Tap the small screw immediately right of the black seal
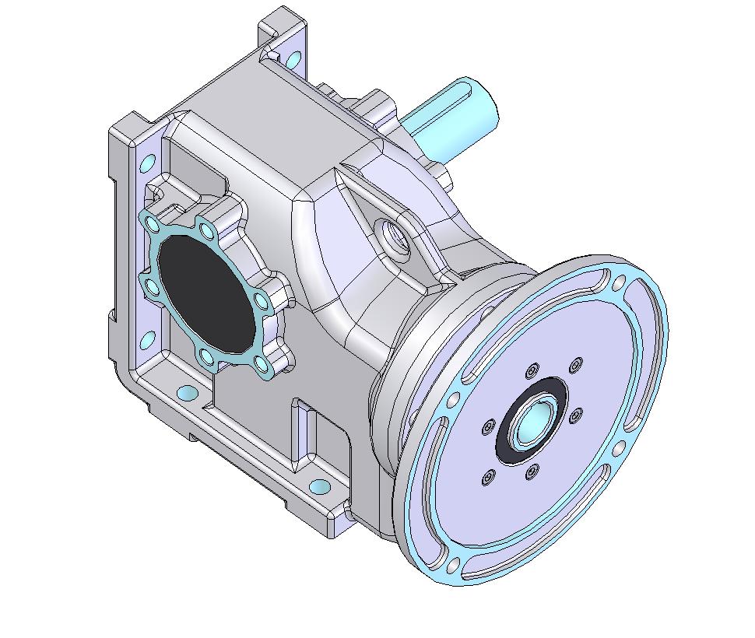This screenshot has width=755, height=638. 575,416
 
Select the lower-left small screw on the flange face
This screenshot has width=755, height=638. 488,477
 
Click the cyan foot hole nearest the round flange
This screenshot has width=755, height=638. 320,487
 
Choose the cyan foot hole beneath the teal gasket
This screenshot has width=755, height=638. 188,392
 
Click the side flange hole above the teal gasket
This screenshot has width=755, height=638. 146,164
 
